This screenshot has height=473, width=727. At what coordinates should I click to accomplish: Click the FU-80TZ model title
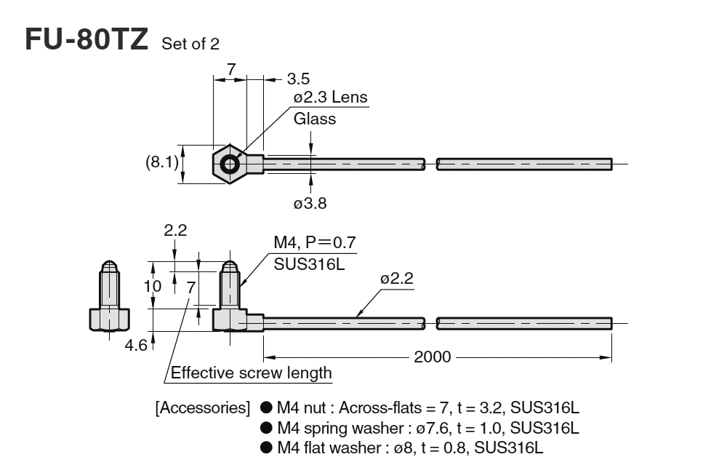87,39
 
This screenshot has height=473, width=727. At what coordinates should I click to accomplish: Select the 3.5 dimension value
299,78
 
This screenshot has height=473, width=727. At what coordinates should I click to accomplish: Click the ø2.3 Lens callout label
330,97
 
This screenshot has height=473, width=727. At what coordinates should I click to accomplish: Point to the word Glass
315,119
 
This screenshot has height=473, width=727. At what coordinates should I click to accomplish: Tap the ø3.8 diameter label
310,204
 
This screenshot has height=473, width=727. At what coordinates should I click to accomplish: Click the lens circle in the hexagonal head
230,164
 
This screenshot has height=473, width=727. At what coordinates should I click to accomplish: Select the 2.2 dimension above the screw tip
175,231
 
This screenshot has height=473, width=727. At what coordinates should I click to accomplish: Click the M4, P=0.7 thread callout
315,242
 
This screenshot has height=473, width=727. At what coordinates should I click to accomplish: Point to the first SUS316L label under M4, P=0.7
308,263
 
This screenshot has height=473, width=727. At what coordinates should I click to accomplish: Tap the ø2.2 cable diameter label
397,279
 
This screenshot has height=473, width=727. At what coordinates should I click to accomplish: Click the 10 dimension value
152,286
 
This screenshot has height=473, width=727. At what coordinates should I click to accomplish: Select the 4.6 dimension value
136,344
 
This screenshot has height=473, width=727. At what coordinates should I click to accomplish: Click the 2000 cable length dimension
432,357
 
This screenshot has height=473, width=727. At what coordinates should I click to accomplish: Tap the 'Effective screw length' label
252,373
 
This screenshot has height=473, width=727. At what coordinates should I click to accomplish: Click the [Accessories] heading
203,408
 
